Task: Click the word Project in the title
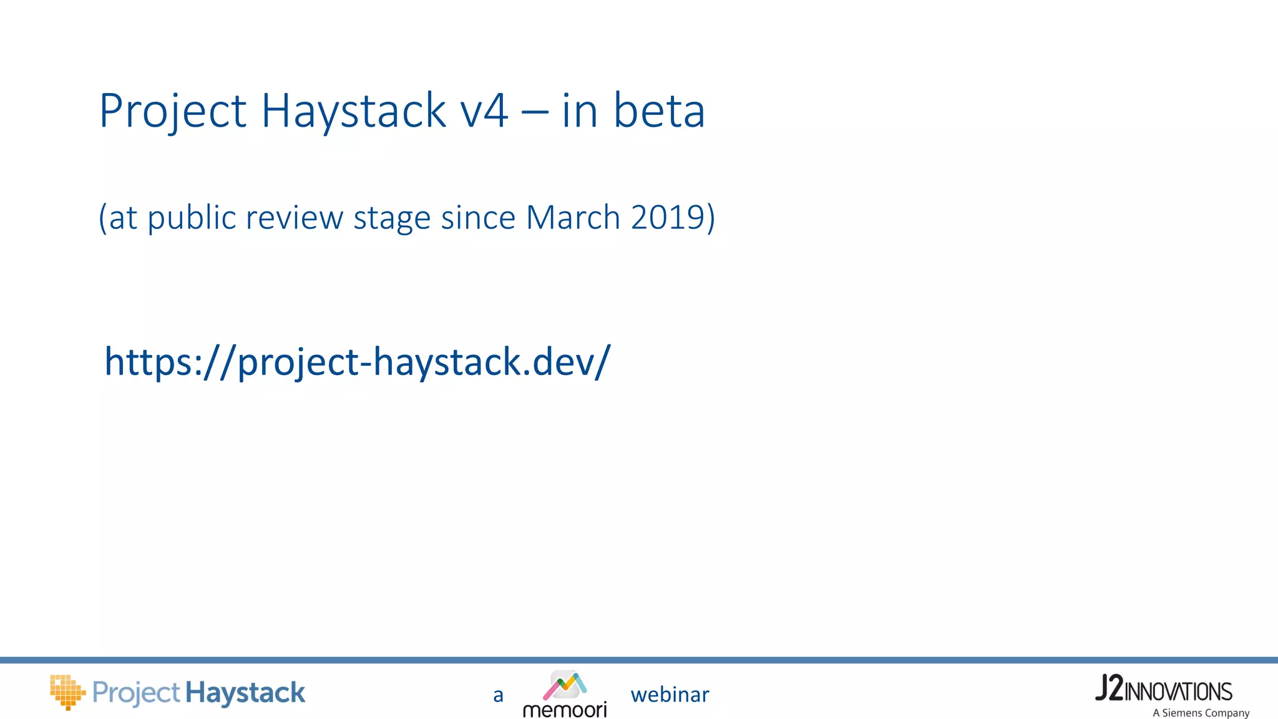click(173, 111)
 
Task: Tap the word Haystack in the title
click(353, 111)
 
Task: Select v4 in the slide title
click(484, 111)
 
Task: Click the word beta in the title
click(659, 111)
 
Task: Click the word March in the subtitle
click(573, 217)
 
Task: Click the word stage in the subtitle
click(392, 217)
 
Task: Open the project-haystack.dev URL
click(358, 362)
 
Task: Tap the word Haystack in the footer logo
click(245, 693)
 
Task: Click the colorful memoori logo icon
click(565, 685)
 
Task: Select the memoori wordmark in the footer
click(565, 710)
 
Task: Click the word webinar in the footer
click(670, 695)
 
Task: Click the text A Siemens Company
click(1201, 713)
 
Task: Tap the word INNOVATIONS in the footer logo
click(1178, 692)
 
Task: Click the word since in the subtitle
click(478, 217)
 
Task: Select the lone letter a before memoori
click(498, 695)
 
